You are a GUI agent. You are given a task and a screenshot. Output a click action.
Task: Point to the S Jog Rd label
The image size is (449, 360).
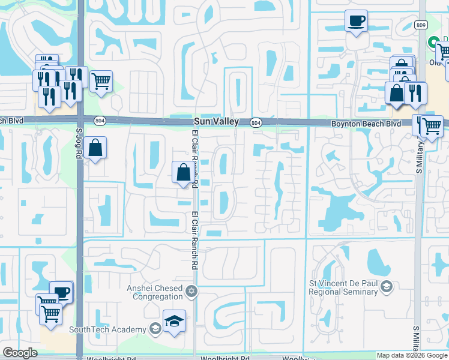79,142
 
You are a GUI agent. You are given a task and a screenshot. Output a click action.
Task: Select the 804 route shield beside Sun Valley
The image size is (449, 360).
256,122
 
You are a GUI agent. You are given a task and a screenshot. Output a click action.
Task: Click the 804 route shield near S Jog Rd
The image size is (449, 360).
99,121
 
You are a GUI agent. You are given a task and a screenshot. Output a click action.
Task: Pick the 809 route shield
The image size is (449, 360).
421,24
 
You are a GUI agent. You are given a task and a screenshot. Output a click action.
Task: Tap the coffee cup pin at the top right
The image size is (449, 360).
356,22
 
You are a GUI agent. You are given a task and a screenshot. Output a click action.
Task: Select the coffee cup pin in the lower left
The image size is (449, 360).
61,292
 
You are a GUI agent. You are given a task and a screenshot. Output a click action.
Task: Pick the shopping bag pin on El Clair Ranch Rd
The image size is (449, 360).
184,172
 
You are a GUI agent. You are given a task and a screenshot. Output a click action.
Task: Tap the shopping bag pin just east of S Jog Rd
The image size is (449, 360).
95,147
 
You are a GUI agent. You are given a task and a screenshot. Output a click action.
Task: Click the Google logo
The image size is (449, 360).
20,353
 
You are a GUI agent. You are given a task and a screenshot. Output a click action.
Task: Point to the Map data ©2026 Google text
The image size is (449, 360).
412,355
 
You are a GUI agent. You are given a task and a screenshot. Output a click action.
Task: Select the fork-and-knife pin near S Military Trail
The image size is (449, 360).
414,92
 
